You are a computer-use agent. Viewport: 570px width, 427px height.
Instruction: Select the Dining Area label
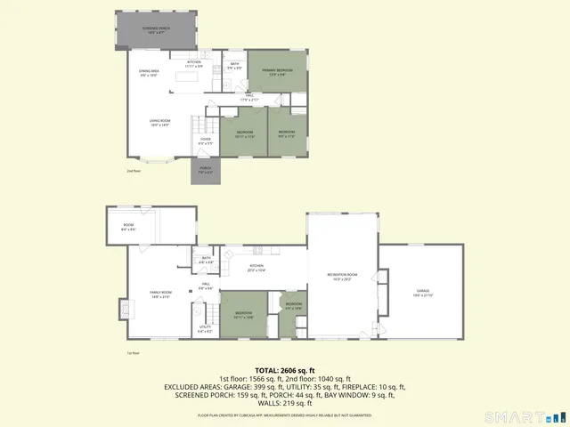148,73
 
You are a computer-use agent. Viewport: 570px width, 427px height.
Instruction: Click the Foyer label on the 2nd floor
205,141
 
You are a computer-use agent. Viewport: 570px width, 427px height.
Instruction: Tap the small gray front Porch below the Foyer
205,172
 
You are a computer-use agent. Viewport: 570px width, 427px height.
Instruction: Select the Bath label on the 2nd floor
235,66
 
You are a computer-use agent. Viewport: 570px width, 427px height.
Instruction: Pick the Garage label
422,293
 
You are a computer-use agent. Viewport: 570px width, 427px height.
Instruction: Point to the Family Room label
160,294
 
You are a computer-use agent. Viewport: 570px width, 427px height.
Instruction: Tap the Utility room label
205,329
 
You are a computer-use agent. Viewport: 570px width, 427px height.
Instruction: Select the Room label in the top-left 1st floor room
128,228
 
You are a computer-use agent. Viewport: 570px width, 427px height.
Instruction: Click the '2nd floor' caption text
133,170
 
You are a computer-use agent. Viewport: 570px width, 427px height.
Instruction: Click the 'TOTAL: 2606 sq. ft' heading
285,369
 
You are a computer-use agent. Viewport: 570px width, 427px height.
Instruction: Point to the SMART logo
523,416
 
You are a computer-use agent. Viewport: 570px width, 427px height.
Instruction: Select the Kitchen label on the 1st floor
256,268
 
